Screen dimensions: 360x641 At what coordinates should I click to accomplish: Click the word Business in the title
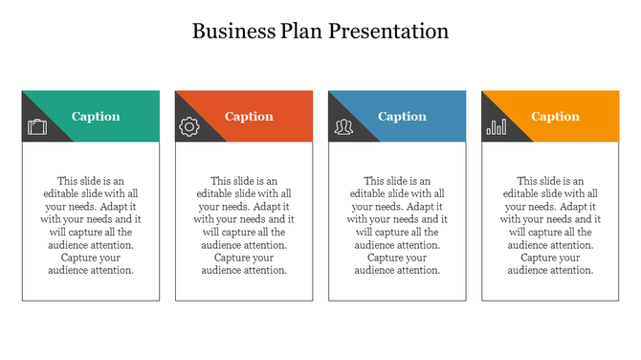click(231, 31)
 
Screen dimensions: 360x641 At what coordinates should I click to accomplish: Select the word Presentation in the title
click(388, 31)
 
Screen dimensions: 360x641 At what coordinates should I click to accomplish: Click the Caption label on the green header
click(96, 117)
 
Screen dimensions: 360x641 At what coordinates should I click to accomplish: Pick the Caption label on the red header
click(249, 117)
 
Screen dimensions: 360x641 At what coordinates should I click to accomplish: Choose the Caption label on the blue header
click(402, 117)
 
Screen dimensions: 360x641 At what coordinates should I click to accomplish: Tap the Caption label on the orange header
click(555, 117)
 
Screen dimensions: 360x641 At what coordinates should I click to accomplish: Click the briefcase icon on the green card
click(37, 126)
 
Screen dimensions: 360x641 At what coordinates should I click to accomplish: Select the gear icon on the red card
click(189, 126)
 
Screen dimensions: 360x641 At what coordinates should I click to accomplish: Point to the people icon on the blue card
click(343, 126)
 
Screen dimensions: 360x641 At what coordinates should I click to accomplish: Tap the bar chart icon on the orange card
click(497, 126)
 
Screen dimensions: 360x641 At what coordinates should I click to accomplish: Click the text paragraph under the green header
click(91, 225)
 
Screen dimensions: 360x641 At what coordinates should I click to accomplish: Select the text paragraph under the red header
click(244, 225)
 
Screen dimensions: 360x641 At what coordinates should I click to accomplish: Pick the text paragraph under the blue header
click(397, 225)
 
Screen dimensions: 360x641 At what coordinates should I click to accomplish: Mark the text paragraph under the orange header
click(550, 225)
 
